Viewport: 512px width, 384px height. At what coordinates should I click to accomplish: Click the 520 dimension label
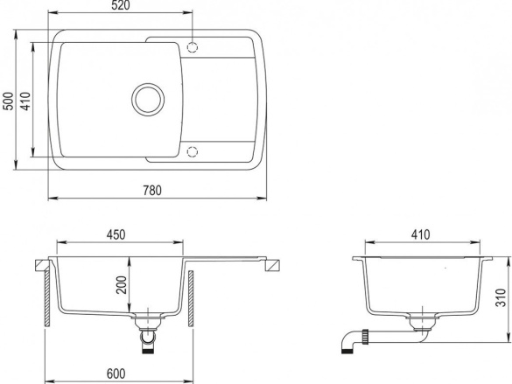[x=121, y=5]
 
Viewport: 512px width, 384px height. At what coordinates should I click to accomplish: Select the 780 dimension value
[x=152, y=191]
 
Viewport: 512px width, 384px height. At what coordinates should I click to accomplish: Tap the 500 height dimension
[x=9, y=101]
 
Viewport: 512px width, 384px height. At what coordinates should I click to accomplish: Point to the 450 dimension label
[x=116, y=235]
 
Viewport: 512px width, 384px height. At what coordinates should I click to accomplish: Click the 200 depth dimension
[x=122, y=284]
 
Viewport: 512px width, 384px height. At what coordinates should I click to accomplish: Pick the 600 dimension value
[x=116, y=374]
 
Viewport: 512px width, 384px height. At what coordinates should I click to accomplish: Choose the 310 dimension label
[x=501, y=297]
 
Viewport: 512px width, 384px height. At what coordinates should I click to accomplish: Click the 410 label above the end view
[x=421, y=235]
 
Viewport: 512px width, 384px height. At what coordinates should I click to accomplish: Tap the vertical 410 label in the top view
[x=25, y=101]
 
